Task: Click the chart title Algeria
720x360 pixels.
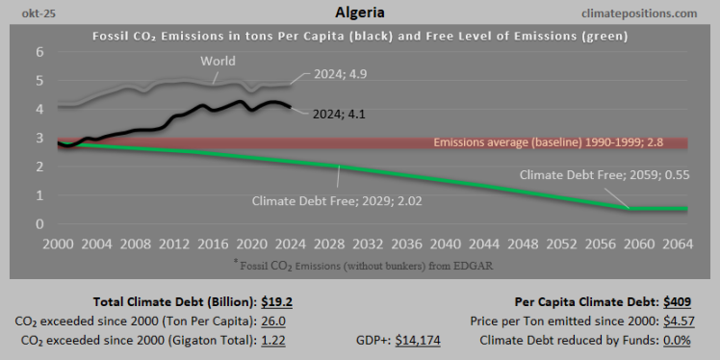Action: [x=360, y=13]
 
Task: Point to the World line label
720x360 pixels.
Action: [x=219, y=63]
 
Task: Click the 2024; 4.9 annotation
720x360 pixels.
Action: [x=339, y=74]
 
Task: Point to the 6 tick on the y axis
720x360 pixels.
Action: [x=40, y=52]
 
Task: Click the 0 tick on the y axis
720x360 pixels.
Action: [x=40, y=224]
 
